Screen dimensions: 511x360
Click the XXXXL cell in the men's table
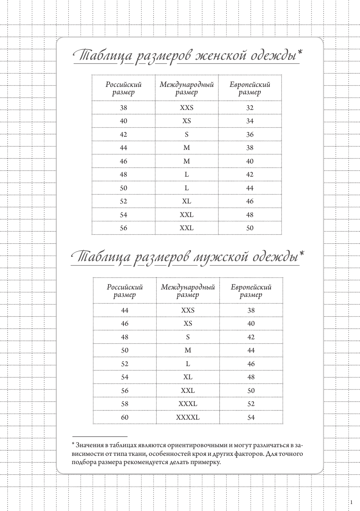(x=188, y=417)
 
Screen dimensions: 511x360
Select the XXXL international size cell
(x=188, y=404)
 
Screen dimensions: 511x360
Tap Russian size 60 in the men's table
(x=125, y=417)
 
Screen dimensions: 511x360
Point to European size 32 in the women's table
(x=250, y=108)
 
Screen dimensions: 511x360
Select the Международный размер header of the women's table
(x=186, y=88)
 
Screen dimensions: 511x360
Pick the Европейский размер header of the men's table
(x=251, y=291)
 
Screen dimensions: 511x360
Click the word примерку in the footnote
(x=207, y=462)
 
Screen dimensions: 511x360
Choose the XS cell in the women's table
(x=186, y=121)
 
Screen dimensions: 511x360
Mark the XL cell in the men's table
(x=188, y=377)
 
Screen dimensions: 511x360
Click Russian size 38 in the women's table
(x=123, y=108)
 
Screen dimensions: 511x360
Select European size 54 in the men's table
(x=251, y=417)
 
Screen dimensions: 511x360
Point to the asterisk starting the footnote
(x=73, y=445)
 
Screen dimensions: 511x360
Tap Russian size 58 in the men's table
(x=125, y=404)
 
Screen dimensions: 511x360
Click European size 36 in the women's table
(x=250, y=135)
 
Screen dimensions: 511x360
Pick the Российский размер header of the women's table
(x=123, y=88)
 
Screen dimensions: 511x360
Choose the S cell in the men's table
(x=188, y=337)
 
